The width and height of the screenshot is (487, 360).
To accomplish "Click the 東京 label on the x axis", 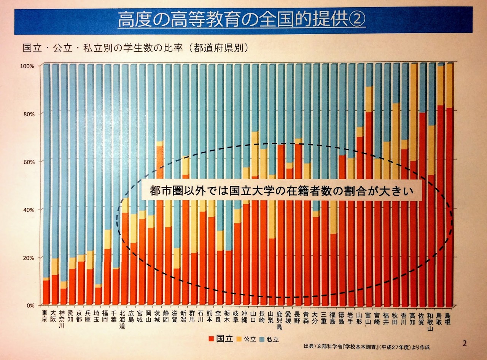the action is coord(45,316).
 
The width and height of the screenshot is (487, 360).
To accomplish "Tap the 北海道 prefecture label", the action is coord(122,319).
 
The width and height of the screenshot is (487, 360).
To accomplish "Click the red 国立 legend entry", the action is coord(221,339).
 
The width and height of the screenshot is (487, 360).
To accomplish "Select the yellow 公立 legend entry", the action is coord(247,339).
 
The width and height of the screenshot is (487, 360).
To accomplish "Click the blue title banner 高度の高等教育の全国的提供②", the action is coord(243,21).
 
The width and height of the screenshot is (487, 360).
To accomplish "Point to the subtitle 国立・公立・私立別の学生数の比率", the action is coord(103,48).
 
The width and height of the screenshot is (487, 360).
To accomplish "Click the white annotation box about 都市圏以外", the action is coord(282,190).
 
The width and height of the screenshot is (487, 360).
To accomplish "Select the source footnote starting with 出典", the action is coord(367,347).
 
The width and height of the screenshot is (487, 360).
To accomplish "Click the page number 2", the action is coord(465,343).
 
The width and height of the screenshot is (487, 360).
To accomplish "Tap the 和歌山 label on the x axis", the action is coord(430,322).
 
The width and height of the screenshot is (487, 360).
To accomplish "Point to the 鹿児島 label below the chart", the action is coord(279,320).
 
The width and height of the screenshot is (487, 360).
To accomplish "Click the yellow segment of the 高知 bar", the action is coord(414,113).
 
